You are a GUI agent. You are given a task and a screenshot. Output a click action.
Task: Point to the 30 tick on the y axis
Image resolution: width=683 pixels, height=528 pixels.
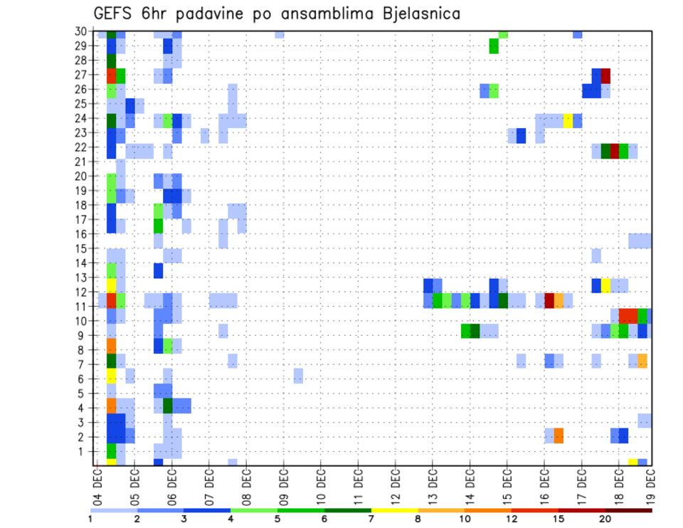tap(82, 31)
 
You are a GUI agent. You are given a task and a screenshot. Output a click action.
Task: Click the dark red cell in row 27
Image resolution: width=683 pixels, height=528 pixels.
tap(605, 75)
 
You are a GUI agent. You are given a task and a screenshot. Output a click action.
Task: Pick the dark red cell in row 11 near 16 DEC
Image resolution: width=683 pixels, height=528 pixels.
tap(549, 300)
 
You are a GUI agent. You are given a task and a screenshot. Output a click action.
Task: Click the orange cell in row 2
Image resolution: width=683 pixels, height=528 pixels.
tap(558, 435)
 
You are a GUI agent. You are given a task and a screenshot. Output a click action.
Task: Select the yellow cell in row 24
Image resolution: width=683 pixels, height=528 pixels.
tap(568, 120)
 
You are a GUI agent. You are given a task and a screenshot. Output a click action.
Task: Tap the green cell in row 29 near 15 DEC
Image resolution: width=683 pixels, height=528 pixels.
tap(494, 46)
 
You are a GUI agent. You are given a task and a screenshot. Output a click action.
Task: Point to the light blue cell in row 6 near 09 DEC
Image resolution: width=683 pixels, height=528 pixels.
tap(298, 375)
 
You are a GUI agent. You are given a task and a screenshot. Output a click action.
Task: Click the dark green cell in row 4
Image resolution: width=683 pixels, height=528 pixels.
tap(168, 406)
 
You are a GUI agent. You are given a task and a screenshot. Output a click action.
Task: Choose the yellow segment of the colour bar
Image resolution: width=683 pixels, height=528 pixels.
tap(395, 510)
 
